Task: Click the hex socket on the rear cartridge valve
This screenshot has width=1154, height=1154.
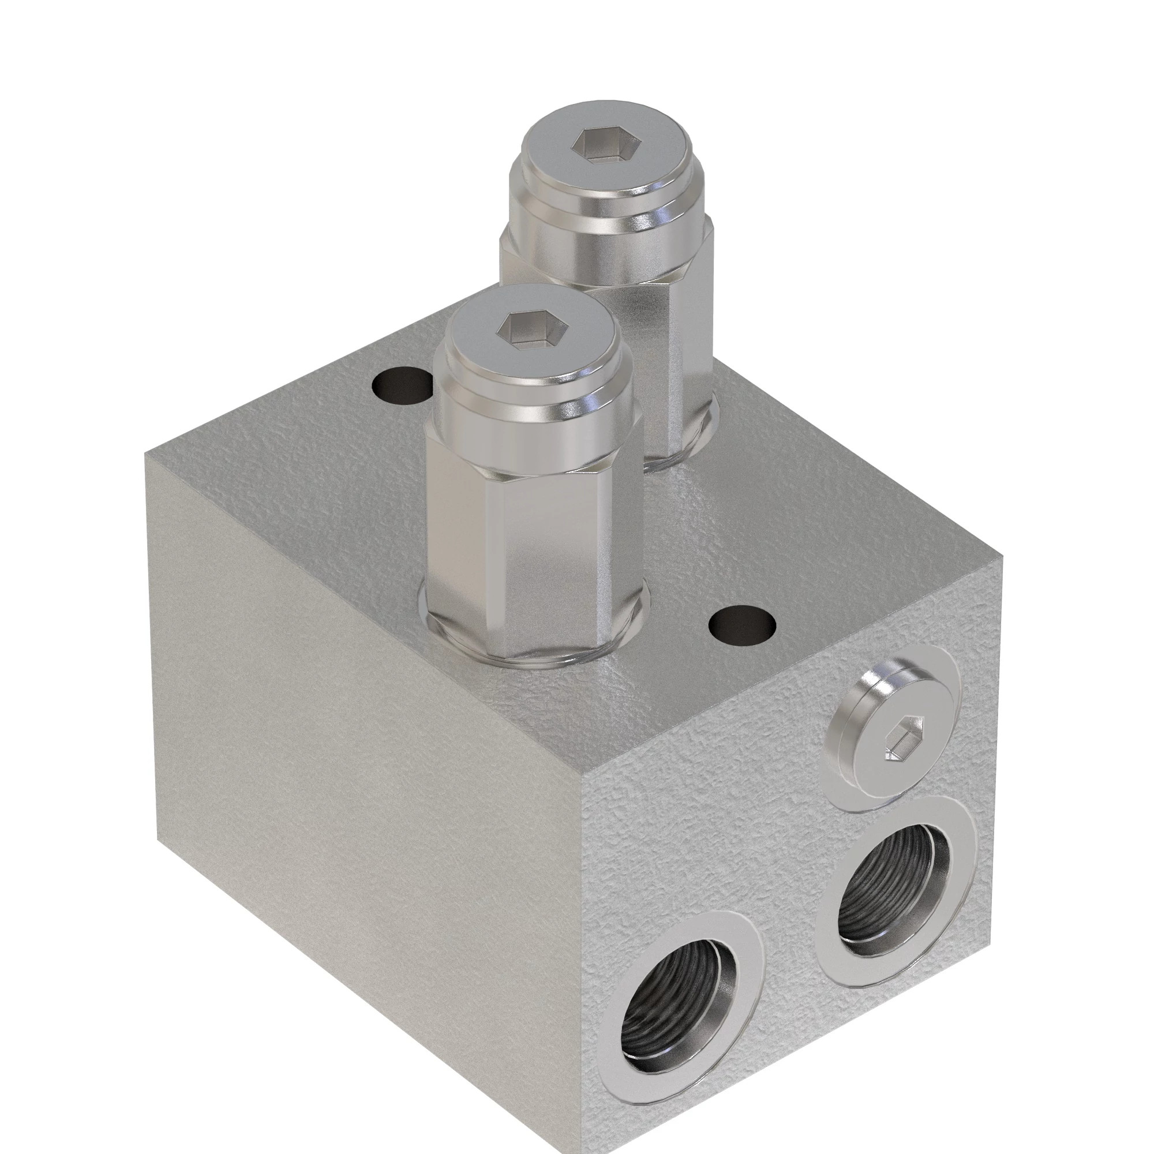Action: pos(607,146)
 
